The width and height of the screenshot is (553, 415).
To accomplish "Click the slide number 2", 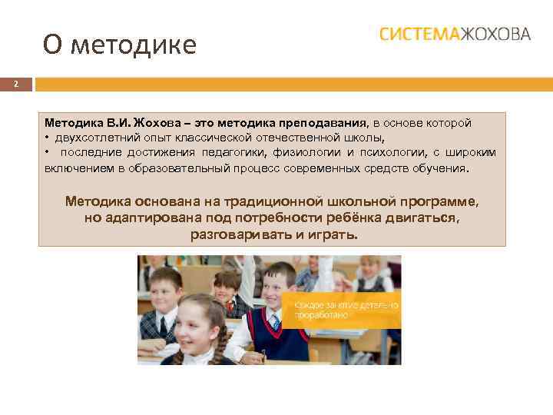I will coord(15,84).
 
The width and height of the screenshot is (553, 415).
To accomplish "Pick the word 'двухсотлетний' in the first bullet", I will coord(91,138).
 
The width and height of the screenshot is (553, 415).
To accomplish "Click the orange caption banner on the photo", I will coord(341,311).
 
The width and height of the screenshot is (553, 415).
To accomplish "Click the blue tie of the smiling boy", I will coord(274,321).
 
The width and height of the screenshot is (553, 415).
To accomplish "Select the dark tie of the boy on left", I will coord(164,326).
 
